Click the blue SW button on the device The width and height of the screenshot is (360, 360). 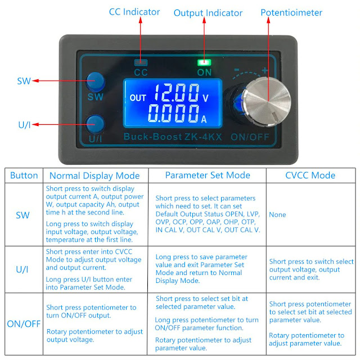pos(96,80)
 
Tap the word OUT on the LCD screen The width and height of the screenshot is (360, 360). pos(138,97)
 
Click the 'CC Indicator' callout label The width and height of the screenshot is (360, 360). pos(134,12)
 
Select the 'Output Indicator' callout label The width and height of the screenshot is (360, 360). pos(208,13)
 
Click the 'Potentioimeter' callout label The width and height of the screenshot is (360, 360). pos(292,12)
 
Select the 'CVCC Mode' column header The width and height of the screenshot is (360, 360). pos(310,175)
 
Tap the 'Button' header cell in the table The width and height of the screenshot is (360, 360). pos(24,175)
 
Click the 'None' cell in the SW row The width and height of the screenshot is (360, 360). pos(277,214)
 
